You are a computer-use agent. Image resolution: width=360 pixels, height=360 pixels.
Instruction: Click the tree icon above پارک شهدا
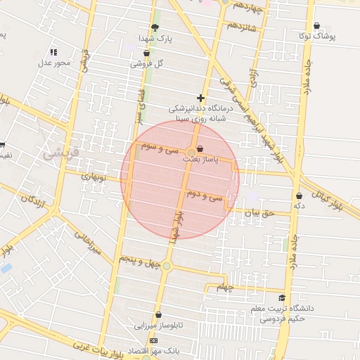click(155, 27)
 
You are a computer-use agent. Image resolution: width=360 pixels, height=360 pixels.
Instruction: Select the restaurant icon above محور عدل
click(54, 52)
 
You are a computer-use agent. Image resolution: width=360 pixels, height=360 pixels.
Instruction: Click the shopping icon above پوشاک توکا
click(316, 25)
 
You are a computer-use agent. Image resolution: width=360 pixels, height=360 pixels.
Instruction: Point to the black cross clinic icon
click(201, 98)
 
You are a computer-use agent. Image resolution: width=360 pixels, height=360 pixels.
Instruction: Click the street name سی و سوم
click(160, 149)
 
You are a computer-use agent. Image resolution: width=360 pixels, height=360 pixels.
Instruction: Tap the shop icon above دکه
click(300, 195)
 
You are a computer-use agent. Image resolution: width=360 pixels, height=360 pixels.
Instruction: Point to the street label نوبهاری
click(94, 178)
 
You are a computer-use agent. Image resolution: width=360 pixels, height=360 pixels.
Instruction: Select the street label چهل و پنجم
click(138, 261)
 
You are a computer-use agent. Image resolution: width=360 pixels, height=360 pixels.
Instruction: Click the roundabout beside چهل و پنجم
click(166, 266)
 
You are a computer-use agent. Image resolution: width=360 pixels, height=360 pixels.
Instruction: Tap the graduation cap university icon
click(282, 298)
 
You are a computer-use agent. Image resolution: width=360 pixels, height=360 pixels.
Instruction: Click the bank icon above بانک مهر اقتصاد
click(155, 340)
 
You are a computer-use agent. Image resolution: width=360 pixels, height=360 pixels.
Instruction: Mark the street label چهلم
click(224, 287)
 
